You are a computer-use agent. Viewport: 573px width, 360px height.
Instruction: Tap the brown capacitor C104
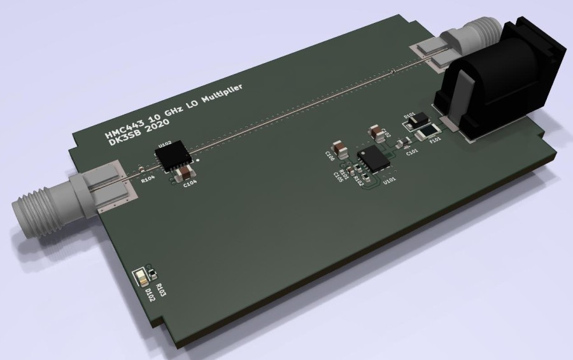tap(185, 173)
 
